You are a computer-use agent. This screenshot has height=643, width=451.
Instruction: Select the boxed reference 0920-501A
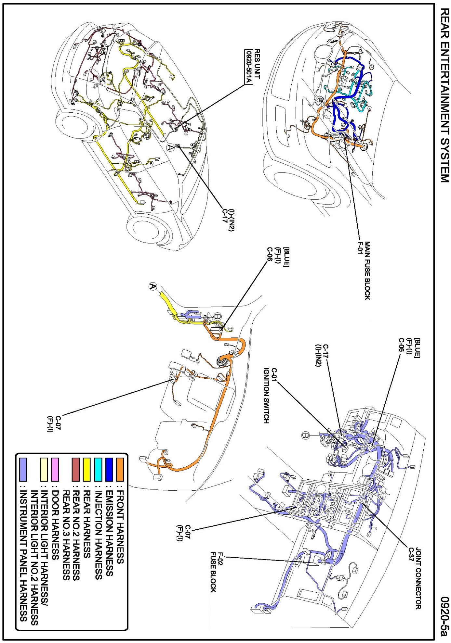coord(249,67)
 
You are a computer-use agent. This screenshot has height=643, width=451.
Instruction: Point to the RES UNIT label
coord(257,64)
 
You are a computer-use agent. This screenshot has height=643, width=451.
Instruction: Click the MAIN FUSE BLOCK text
coord(367,270)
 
